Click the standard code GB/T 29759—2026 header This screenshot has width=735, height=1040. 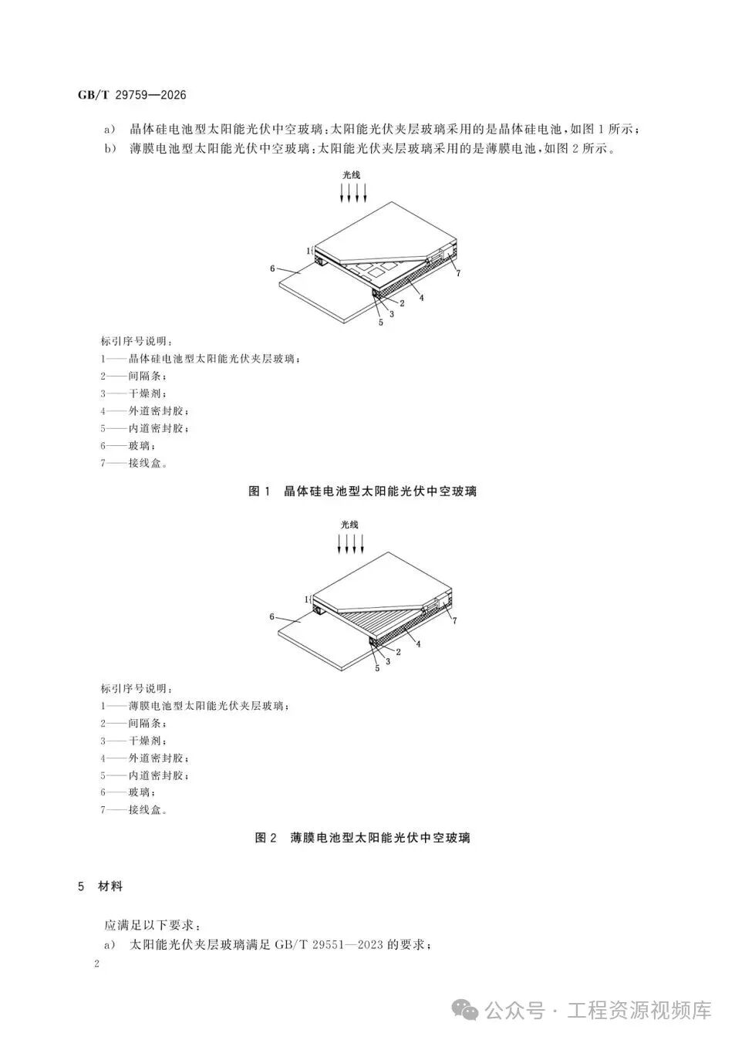coord(132,95)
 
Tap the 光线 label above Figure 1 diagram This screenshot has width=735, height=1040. coord(351,175)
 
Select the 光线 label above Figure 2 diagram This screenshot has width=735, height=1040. coord(349,525)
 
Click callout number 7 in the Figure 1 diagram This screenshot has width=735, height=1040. coord(458,273)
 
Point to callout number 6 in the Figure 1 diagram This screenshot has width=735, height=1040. coord(272,268)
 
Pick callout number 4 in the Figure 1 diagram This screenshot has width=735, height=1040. coord(421,298)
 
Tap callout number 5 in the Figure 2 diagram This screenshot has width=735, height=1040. coord(377,667)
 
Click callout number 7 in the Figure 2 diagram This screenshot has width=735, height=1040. coord(455,620)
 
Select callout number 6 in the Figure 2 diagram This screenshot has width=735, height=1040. coord(272,616)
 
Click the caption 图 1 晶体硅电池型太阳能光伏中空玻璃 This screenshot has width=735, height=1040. coord(362,491)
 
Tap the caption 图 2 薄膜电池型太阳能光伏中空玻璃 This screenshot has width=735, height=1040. coord(362,838)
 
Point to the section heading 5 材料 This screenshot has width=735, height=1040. coord(100,886)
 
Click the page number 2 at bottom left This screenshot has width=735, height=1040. coord(96,964)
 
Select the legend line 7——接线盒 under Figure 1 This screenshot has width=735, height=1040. coord(133,463)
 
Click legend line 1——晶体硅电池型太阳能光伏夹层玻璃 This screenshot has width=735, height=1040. coord(201,359)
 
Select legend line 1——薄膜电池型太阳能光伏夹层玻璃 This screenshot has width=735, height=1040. coord(195,706)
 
